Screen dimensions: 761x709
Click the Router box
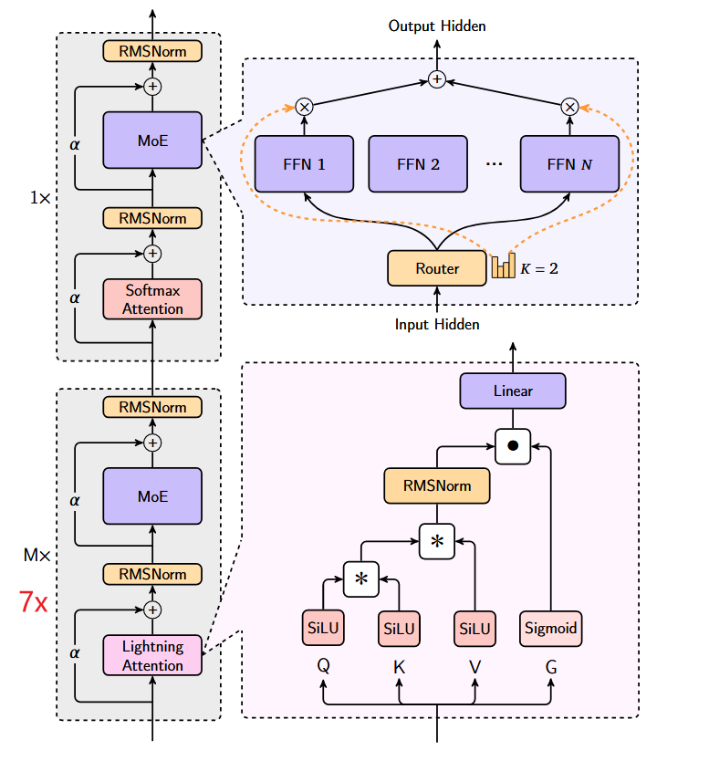(x=437, y=268)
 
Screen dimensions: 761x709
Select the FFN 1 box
(x=304, y=164)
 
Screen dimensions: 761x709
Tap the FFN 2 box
(x=418, y=164)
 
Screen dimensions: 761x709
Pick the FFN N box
(x=569, y=164)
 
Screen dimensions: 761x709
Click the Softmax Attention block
(x=152, y=299)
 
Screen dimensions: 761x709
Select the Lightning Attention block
(x=152, y=655)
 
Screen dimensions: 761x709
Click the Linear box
(x=513, y=391)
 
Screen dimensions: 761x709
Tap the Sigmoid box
(x=551, y=628)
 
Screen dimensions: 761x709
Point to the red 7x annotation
(x=34, y=602)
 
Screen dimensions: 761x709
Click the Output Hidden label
(x=437, y=26)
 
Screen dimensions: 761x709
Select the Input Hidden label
(x=437, y=324)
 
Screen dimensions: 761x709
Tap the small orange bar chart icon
(x=503, y=266)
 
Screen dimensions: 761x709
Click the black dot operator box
(x=513, y=446)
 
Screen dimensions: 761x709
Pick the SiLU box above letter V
(x=474, y=628)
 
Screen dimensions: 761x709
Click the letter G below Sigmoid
(x=551, y=667)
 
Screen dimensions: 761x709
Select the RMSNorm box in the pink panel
(x=437, y=485)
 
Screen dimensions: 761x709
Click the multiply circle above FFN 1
(x=305, y=107)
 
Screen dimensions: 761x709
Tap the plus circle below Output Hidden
(x=437, y=80)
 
